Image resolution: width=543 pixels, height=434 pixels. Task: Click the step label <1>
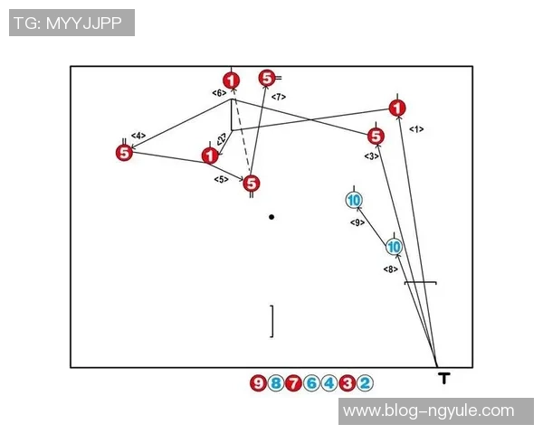pos(416,129)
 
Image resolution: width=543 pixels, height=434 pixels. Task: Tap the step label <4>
pos(138,137)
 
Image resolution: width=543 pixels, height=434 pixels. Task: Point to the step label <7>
pos(279,96)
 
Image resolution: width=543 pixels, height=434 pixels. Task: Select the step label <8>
pos(390,269)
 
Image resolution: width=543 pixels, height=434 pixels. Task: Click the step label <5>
pos(221,180)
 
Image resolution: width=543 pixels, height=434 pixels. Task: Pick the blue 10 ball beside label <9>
pos(354,200)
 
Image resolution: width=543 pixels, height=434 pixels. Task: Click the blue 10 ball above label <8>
pos(394,246)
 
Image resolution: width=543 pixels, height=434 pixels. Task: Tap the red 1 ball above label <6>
pos(233,81)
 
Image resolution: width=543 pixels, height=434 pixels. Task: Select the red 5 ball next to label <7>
pos(267,79)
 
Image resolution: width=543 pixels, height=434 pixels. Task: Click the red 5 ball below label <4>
pos(125,153)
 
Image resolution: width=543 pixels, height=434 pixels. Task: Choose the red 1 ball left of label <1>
pos(397,108)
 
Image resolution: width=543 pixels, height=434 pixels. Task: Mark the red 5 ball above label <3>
pos(376,137)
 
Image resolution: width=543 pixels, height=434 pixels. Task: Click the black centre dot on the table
pos(271,217)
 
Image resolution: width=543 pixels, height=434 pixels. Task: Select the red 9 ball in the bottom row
pos(258,383)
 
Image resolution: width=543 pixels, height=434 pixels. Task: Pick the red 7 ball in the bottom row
pos(293,383)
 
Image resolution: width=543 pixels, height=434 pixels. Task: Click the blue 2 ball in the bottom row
pos(364,383)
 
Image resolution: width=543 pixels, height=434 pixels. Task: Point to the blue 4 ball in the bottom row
pos(329,383)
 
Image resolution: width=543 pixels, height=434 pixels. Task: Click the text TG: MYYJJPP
pos(71,23)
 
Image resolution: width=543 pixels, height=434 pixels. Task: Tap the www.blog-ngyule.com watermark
pos(436,411)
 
